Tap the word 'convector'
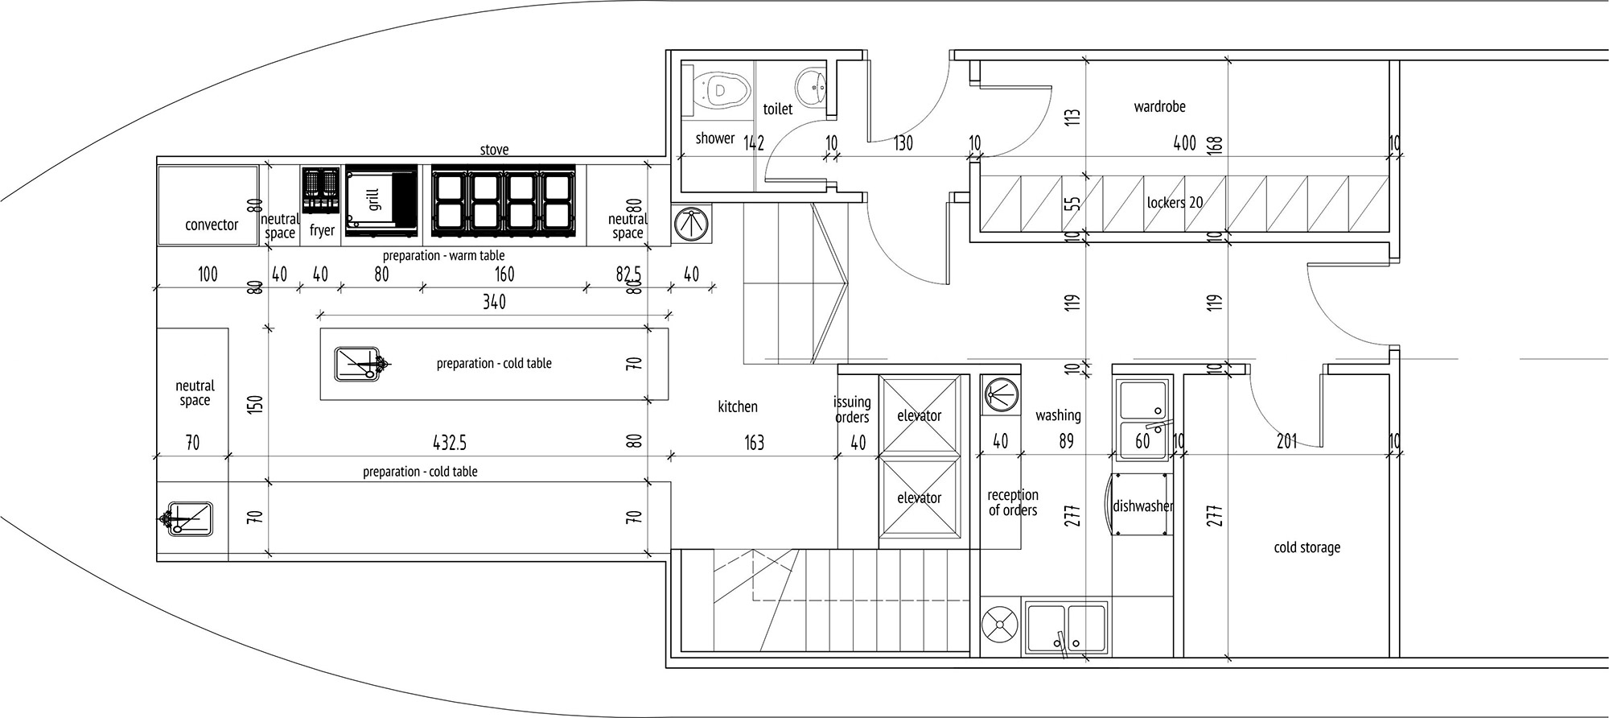(x=212, y=225)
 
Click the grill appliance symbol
(x=381, y=201)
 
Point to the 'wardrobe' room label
(x=1159, y=106)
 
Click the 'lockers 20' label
(x=1175, y=202)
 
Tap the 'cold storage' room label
(x=1307, y=547)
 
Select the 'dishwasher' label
(x=1142, y=506)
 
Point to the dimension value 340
(x=494, y=301)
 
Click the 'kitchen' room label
(x=738, y=406)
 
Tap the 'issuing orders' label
(x=852, y=409)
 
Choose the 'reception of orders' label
(x=1013, y=502)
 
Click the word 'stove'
(x=494, y=150)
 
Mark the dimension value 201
(x=1286, y=441)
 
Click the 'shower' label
(x=714, y=138)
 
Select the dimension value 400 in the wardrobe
(x=1184, y=143)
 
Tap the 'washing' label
(x=1058, y=415)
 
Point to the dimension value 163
(x=754, y=442)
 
